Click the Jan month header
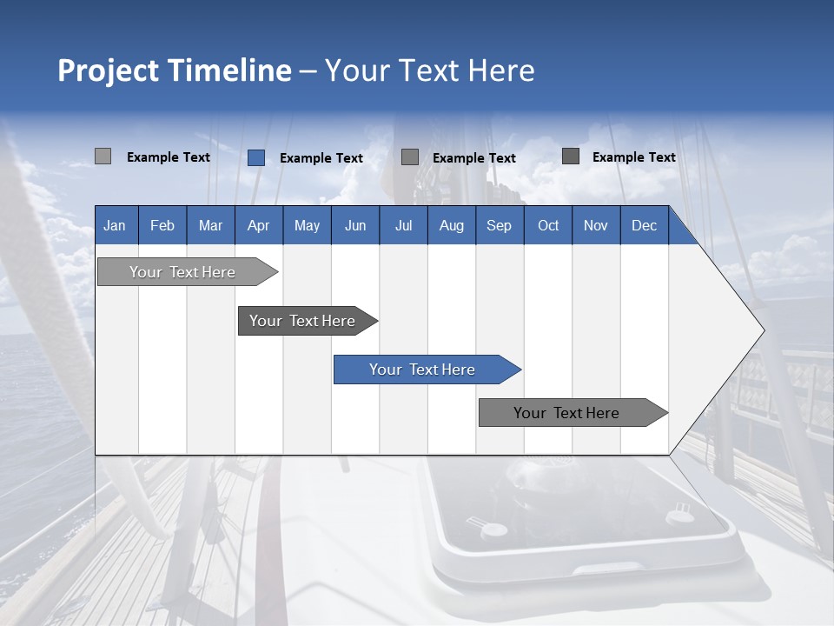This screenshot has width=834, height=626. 115,225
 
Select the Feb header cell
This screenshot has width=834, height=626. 162,225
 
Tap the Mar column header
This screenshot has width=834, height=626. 210,225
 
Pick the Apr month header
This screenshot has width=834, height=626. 258,225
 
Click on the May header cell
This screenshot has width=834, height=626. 307,225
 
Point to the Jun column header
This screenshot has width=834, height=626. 355,225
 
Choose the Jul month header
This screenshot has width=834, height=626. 403,225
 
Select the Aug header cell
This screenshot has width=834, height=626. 451,225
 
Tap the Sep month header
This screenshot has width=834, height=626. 499,225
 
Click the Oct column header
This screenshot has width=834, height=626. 548,225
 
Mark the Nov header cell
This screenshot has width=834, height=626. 596,225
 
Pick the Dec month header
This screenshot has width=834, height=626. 644,225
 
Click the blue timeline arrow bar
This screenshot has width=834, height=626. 423,370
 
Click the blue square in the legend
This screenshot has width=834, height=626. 256,157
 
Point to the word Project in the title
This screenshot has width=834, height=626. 109,70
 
